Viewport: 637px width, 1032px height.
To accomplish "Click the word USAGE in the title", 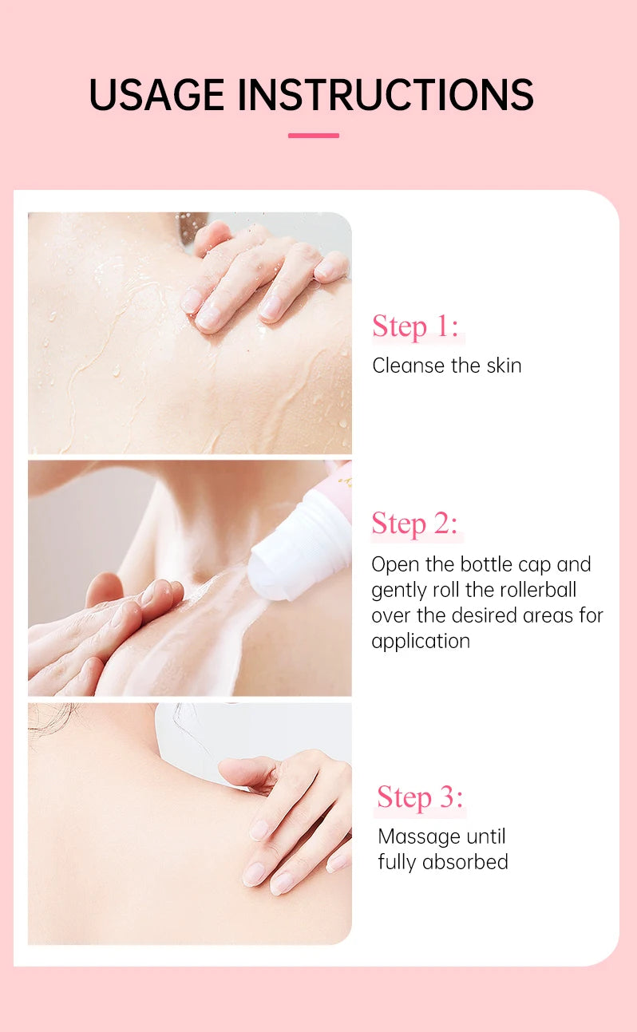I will pos(157,95).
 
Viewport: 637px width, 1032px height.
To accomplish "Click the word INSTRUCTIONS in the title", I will pos(386,95).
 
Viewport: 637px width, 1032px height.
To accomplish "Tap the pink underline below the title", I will pos(314,136).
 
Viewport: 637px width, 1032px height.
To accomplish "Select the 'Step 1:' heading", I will pos(416,326).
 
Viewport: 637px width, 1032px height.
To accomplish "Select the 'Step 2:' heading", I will pos(415,524).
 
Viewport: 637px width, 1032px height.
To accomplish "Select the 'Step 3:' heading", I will pos(420,797).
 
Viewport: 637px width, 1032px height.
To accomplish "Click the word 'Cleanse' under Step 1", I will pos(406,366).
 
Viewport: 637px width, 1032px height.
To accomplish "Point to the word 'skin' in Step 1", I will pos(504,366).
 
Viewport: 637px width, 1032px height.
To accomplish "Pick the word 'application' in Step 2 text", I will pos(421,641).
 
